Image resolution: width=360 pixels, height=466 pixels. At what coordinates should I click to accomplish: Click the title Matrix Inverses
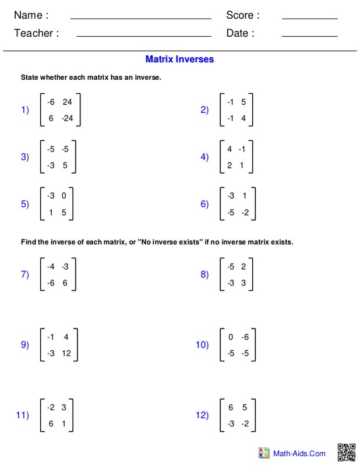[179, 59]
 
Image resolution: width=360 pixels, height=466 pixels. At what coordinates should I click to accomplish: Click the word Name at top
[31, 15]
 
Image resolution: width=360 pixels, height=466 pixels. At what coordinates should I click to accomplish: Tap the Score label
[242, 15]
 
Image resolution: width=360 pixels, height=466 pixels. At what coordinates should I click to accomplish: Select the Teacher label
[36, 33]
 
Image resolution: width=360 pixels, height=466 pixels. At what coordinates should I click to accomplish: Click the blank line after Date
[309, 36]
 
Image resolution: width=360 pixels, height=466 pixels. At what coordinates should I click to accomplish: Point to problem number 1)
[25, 110]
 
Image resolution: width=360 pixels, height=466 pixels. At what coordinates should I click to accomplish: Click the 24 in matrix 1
[67, 102]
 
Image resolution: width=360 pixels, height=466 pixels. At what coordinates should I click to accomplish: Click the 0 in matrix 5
[63, 196]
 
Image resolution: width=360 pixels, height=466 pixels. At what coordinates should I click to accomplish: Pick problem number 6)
[204, 204]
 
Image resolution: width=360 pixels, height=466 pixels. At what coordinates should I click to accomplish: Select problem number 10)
[202, 345]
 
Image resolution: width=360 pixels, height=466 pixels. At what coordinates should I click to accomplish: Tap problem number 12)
[202, 415]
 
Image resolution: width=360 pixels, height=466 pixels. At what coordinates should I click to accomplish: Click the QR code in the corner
[347, 452]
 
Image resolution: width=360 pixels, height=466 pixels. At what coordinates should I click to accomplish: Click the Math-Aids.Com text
[300, 453]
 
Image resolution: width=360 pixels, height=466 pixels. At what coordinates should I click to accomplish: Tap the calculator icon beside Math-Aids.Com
[263, 453]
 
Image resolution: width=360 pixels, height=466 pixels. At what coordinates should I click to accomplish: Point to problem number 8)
[204, 275]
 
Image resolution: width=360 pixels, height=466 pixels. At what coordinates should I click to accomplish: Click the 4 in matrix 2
[243, 117]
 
